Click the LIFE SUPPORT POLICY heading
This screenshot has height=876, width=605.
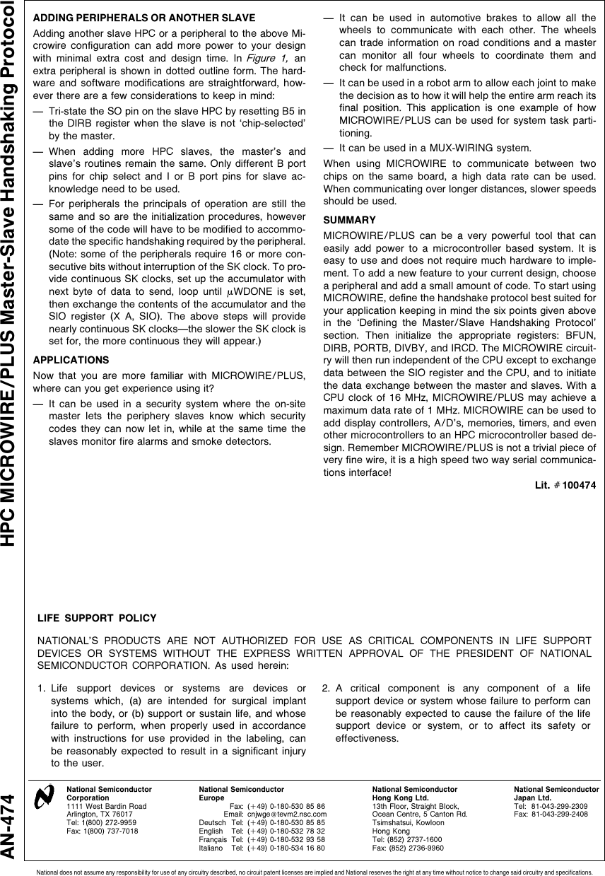click(97, 619)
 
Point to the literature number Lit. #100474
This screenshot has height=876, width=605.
click(569, 486)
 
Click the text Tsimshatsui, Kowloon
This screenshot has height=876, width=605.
click(406, 823)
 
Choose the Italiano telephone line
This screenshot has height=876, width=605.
click(262, 848)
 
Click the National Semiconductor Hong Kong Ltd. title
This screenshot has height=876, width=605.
click(415, 793)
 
